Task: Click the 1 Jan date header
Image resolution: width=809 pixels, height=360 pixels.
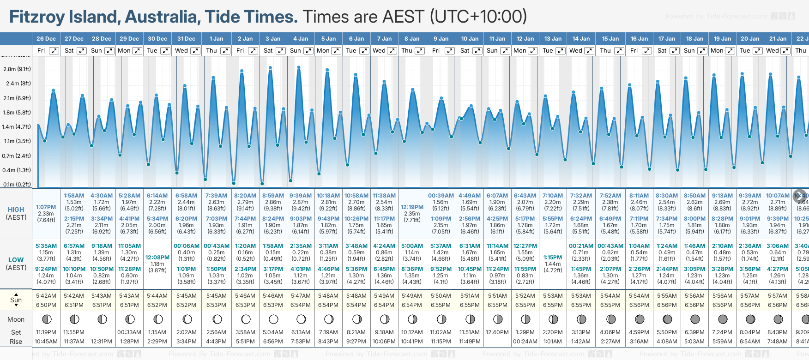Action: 216,39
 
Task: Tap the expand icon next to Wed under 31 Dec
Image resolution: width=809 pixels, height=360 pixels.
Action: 195,51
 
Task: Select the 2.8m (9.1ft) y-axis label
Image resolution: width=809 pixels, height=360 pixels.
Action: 17,69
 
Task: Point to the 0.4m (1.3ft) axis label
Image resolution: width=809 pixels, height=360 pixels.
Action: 16,170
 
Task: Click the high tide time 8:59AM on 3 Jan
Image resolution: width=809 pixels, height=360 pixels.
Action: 273,196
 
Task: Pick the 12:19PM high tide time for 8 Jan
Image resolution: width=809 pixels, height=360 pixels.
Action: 412,207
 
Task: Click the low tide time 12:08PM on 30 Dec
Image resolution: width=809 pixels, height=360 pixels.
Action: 157,258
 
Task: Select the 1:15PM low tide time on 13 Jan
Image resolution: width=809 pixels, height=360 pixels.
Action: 553,258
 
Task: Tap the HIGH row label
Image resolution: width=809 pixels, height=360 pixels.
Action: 16,210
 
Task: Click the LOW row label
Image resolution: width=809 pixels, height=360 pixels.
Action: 16,260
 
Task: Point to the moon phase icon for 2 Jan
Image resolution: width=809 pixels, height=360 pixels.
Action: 246,319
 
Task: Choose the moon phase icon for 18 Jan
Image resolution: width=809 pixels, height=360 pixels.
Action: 695,319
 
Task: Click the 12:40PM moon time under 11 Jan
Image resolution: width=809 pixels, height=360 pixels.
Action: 497,332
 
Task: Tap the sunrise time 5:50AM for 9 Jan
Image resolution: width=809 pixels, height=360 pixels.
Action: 441,296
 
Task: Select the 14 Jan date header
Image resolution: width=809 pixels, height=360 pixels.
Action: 581,39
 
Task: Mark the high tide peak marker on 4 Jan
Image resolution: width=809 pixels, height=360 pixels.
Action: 299,67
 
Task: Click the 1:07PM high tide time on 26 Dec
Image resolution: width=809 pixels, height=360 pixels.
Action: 46,207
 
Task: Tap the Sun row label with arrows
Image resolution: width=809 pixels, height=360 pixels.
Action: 16,300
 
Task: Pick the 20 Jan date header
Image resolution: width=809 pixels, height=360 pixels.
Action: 750,39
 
